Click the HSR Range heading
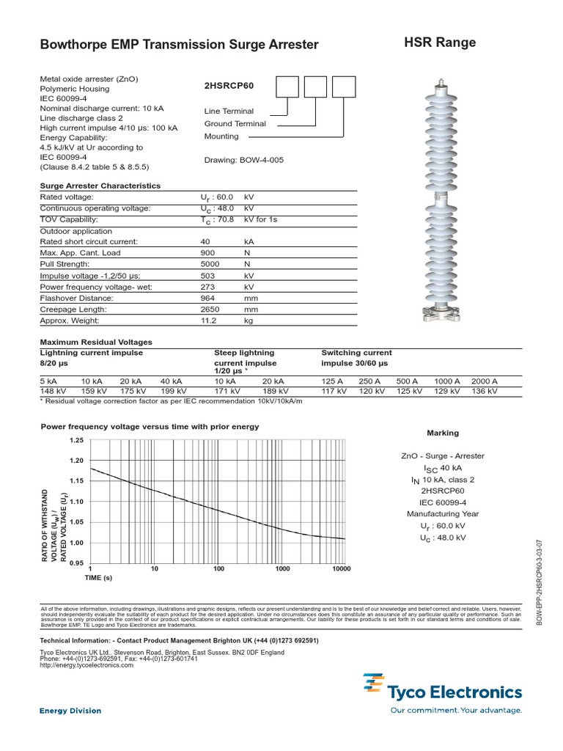(x=440, y=43)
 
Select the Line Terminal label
(x=229, y=111)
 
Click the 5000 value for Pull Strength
(x=210, y=264)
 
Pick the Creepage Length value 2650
(x=210, y=309)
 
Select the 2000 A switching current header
(x=484, y=381)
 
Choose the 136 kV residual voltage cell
(x=484, y=392)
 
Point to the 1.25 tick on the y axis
(x=76, y=440)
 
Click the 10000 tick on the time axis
(x=341, y=569)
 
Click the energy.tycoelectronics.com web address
(x=87, y=665)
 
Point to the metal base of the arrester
(x=440, y=316)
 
